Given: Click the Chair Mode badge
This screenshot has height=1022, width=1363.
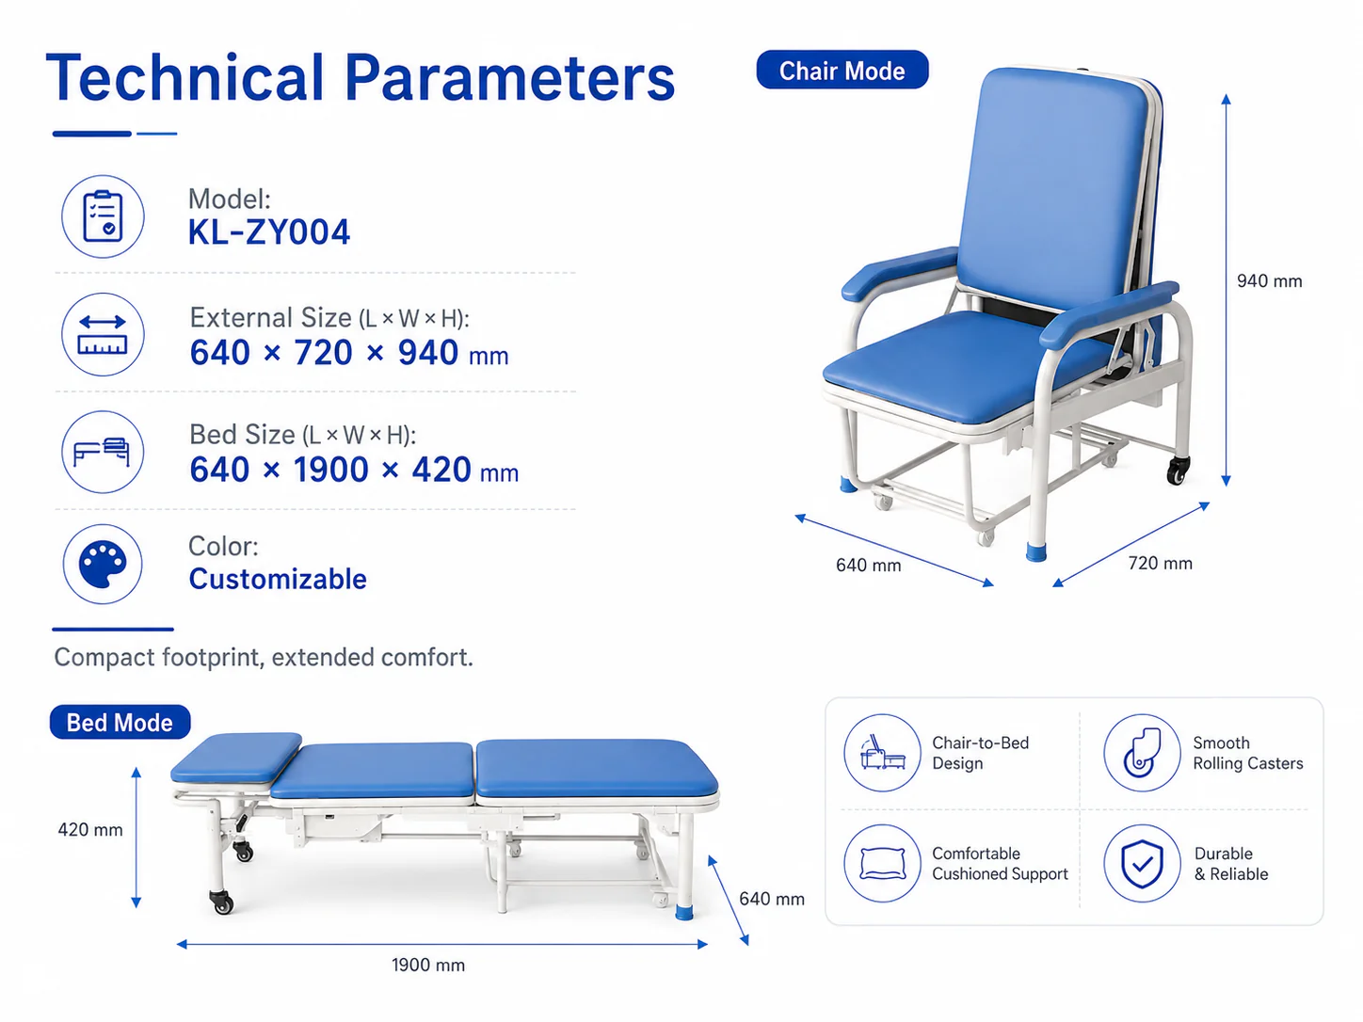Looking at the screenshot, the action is (x=842, y=70).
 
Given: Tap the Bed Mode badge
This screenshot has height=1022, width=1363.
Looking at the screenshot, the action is (x=120, y=723).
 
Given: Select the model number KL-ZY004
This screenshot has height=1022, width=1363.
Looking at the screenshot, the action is (x=269, y=232).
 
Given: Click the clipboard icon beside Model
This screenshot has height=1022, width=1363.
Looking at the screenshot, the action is (x=103, y=216).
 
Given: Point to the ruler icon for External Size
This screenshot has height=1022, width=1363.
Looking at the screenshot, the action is (x=103, y=334).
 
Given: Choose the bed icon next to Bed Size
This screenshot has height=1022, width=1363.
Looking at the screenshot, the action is (x=103, y=452).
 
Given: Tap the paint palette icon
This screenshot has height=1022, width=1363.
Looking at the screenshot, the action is (x=103, y=564).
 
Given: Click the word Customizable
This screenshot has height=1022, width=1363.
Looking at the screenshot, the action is (x=278, y=579).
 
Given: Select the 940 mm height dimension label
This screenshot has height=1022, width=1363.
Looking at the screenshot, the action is (x=1269, y=281).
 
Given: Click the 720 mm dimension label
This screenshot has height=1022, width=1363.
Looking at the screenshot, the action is (x=1160, y=564).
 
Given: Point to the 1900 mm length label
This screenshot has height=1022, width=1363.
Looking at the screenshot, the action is (x=428, y=965).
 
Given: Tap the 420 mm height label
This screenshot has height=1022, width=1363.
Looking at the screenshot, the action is (x=90, y=830).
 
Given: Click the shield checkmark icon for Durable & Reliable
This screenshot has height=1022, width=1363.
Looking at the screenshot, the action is (x=1142, y=863).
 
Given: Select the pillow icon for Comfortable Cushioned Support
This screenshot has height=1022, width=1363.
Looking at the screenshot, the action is (x=882, y=863).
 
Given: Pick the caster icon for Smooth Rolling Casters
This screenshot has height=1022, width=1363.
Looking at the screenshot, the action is (x=1142, y=753).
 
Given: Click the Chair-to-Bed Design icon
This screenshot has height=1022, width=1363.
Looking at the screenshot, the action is (x=882, y=753).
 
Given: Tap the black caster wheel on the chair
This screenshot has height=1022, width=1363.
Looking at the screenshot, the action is (x=1178, y=471).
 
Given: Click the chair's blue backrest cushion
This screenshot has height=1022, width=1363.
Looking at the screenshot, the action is (x=1052, y=186).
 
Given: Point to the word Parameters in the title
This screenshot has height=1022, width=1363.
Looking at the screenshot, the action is (x=509, y=78).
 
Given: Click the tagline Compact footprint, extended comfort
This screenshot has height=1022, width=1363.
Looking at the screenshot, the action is (x=264, y=658).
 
